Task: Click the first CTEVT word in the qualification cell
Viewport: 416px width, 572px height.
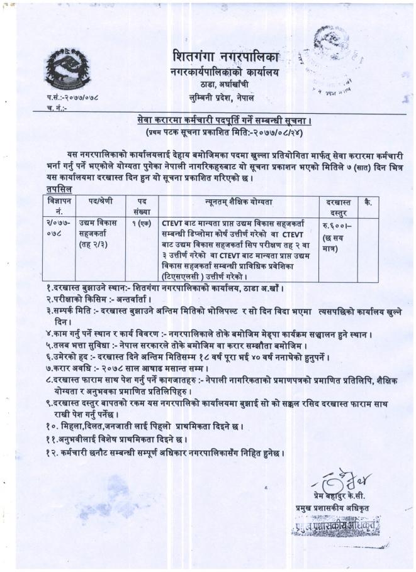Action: point(172,223)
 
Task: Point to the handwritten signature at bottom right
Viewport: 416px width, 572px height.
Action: point(337,480)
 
